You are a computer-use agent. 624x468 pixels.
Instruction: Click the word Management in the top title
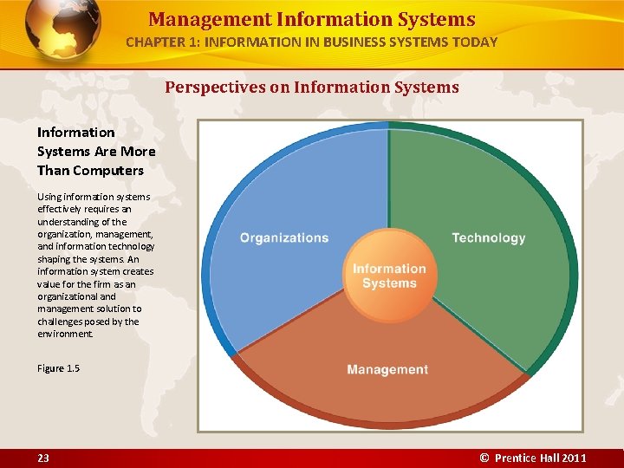point(198,19)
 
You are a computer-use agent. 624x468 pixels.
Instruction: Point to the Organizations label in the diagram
point(284,237)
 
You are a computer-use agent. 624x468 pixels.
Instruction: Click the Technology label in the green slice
point(488,237)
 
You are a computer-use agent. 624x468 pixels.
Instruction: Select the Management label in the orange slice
point(387,369)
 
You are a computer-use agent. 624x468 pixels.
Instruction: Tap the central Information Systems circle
point(389,276)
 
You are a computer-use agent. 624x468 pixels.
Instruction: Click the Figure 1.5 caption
point(58,368)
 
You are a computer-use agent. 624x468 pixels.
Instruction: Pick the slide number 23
point(43,458)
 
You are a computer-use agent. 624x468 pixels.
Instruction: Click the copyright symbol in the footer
point(484,458)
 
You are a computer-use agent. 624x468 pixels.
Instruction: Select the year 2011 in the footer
point(573,458)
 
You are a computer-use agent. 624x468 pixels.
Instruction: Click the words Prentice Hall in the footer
point(526,458)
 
